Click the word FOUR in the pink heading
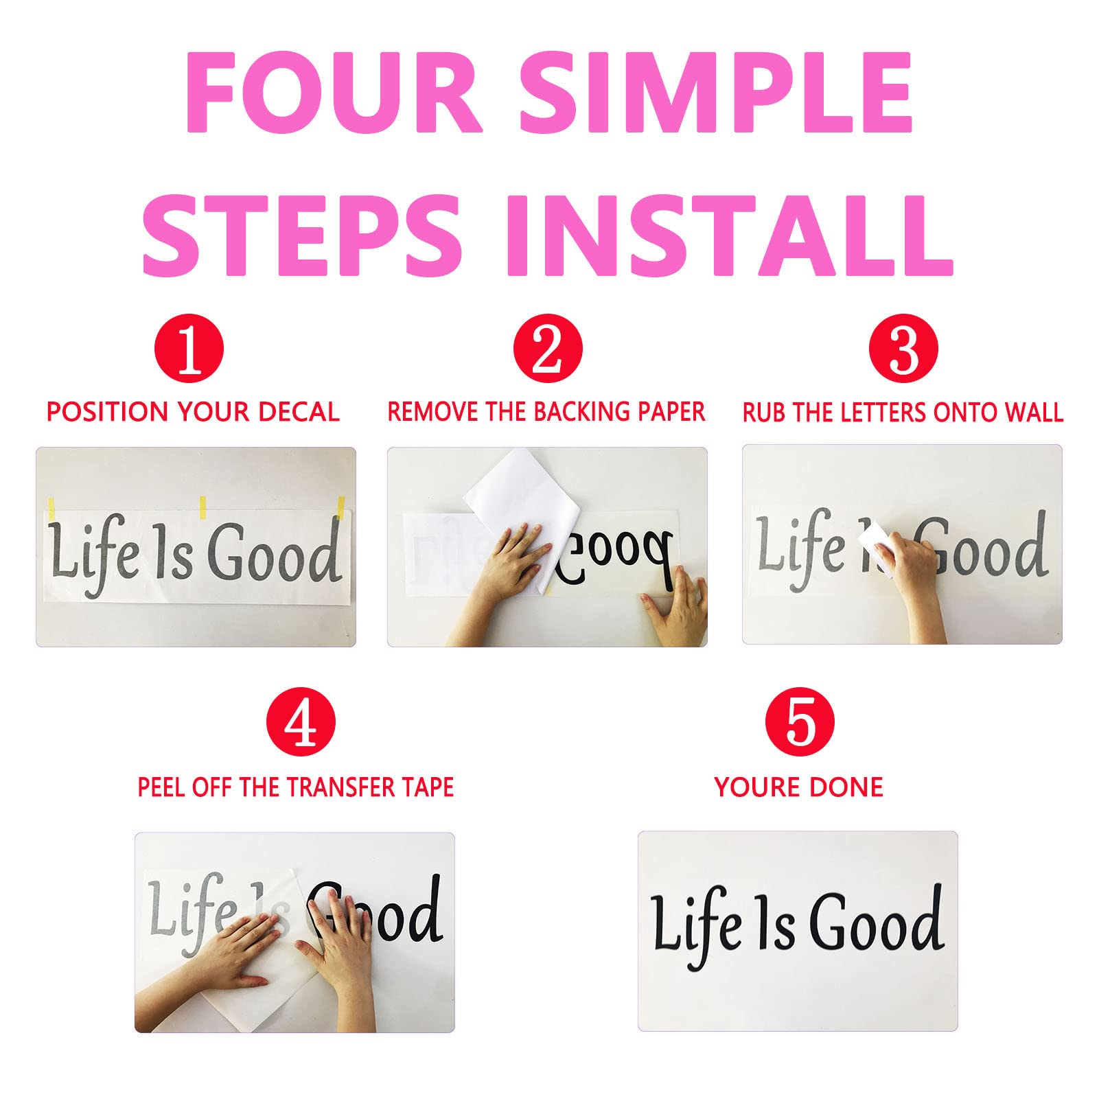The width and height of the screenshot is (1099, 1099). point(334,92)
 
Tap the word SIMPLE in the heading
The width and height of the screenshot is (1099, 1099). point(715,92)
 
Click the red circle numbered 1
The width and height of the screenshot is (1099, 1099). point(189,349)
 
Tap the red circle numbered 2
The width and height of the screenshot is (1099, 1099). point(548,349)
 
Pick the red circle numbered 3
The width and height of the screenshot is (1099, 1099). point(903,349)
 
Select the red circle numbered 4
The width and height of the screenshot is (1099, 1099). point(301,723)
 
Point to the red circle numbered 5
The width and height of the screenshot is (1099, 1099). point(800,723)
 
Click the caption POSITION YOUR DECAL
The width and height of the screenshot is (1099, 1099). point(193,412)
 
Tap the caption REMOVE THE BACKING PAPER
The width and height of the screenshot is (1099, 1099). point(546,412)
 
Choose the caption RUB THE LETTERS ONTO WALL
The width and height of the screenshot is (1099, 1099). point(903,412)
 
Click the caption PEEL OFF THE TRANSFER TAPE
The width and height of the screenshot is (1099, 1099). point(296,787)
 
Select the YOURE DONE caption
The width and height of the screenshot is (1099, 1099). point(799,787)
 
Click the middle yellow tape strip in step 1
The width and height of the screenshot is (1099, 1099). point(203,507)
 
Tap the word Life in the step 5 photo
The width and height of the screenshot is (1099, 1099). point(699,927)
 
